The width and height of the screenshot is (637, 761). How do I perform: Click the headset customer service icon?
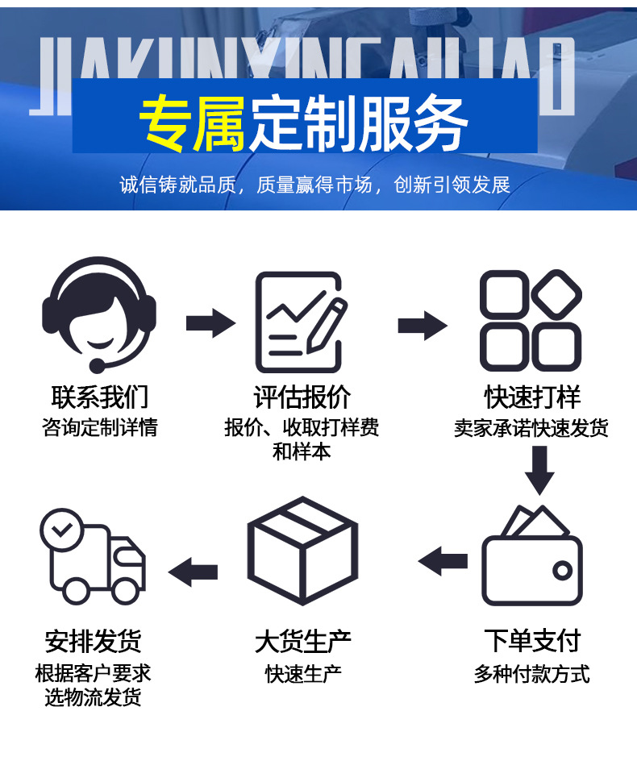pos(99,315)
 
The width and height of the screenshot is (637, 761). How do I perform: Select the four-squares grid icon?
pos(531,321)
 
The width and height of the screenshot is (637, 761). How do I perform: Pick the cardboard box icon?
pos(302,550)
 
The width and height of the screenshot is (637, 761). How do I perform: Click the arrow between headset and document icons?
pos(210,323)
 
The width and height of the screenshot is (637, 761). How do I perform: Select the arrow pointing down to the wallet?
pos(539,469)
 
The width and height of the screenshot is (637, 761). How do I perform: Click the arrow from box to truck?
pos(193,571)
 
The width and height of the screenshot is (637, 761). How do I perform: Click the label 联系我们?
pos(100,397)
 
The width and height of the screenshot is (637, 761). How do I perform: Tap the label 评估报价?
pos(302,397)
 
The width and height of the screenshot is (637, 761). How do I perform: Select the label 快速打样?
pos(532,397)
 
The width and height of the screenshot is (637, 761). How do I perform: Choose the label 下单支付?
pos(532,642)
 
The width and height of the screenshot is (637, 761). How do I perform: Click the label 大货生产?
pos(302,642)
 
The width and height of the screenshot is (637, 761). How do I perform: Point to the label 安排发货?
pos(94,642)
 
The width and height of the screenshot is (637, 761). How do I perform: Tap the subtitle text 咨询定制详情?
pos(100,427)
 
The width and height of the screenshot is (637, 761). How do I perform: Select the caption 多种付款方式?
pos(532,672)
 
